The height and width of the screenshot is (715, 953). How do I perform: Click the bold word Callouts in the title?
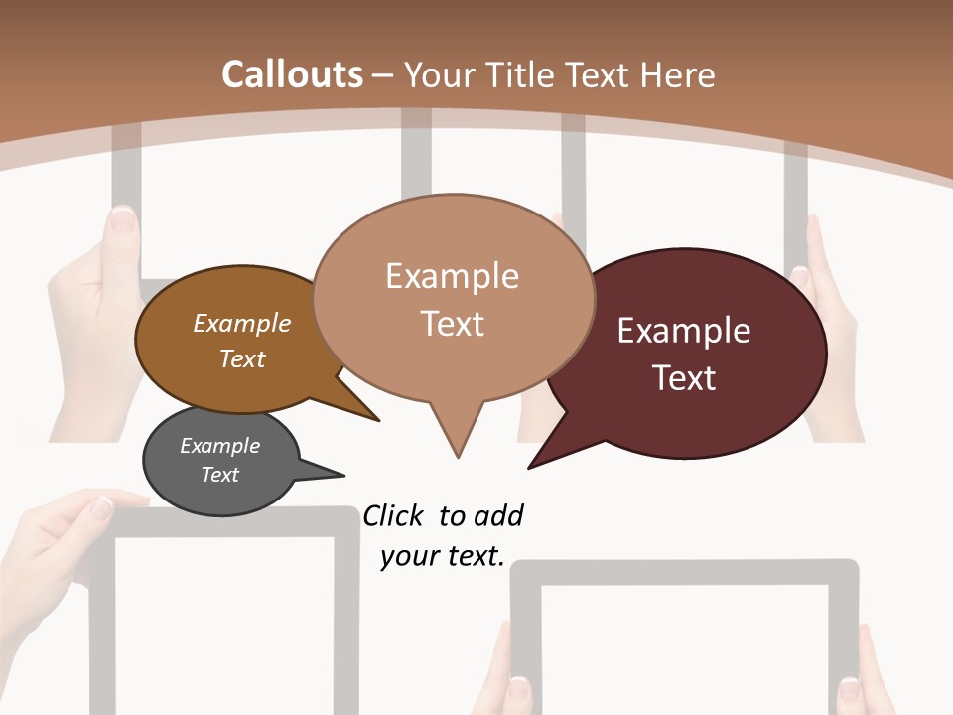coord(292,74)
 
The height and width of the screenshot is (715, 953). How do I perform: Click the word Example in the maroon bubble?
coord(684,331)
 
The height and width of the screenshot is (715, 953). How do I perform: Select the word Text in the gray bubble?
coord(220,475)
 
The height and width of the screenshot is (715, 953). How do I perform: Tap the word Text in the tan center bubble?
coord(453,324)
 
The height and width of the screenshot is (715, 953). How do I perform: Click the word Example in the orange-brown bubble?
coord(242,324)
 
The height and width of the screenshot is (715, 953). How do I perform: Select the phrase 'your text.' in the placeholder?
coord(443,556)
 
